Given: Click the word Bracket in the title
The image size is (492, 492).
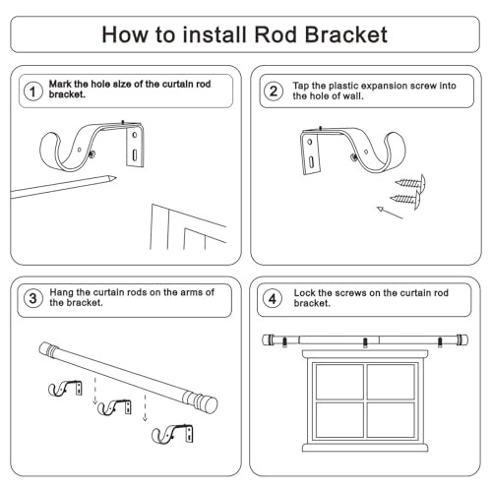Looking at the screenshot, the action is [346, 34].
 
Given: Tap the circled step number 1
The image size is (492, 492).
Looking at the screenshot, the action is [33, 92].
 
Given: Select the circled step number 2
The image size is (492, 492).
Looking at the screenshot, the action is [274, 92].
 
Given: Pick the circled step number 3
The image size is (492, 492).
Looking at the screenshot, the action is [33, 298].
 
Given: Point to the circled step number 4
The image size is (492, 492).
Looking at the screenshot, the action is [273, 298].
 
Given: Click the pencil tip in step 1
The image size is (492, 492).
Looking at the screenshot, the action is [116, 178].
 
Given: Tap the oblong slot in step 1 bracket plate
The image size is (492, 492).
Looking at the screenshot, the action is [135, 155].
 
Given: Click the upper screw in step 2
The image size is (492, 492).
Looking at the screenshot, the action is [410, 182].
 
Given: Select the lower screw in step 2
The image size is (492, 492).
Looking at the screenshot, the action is [405, 199].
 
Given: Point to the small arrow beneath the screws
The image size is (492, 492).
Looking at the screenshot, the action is [390, 213].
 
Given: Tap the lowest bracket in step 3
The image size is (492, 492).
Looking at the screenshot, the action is [172, 434].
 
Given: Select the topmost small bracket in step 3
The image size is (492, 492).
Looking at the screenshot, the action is [65, 389].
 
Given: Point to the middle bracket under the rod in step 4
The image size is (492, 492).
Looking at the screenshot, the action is [365, 342].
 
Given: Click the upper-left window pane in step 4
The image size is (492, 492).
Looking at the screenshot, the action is [339, 382].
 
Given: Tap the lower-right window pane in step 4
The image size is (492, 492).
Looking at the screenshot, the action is [391, 420].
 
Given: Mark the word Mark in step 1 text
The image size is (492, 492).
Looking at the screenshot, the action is [60, 84].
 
